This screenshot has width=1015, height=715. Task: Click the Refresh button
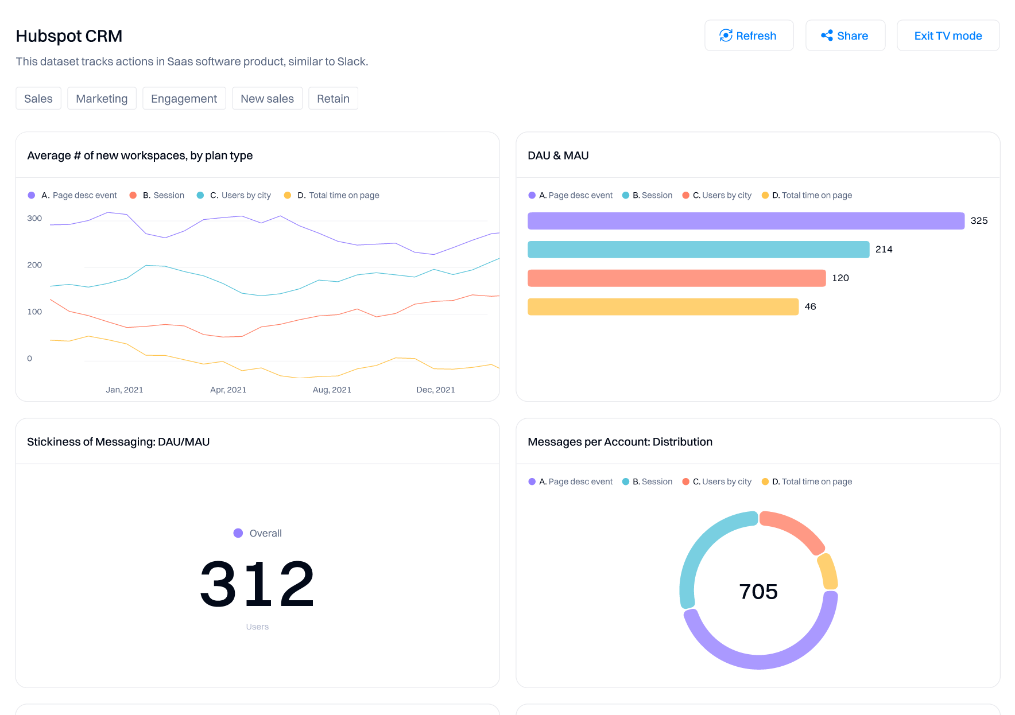[749, 36]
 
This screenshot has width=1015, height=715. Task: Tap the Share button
[845, 36]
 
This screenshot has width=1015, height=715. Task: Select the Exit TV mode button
[948, 36]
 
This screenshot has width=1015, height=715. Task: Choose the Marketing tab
[102, 99]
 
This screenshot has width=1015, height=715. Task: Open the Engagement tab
[184, 99]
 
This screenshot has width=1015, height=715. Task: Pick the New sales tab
[267, 99]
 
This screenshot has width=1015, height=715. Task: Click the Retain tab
[333, 99]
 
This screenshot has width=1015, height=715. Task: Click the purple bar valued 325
[745, 221]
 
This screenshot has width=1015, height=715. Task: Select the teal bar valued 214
[698, 250]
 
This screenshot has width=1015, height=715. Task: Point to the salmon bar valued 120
[676, 278]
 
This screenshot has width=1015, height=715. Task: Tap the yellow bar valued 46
[663, 307]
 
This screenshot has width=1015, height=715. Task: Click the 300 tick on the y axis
[34, 219]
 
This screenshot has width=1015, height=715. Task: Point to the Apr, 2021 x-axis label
[228, 390]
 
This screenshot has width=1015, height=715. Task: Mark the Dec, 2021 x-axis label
[435, 390]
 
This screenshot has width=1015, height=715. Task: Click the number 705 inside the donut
[758, 592]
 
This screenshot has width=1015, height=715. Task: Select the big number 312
[257, 584]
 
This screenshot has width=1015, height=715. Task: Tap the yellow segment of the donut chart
[828, 572]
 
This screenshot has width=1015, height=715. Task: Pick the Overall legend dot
[238, 533]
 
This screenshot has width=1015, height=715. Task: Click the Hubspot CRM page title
[69, 36]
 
